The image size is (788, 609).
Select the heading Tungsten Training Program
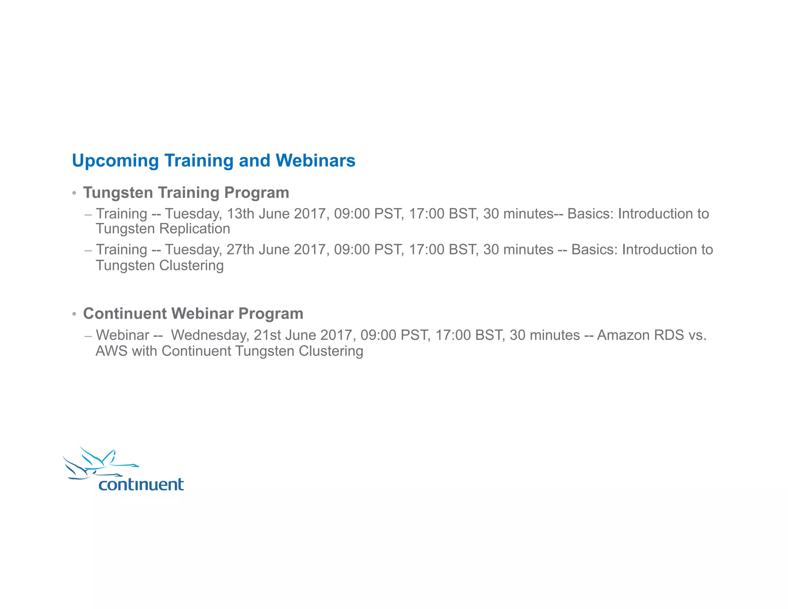[x=186, y=192]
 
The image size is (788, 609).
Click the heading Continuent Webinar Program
[x=193, y=313]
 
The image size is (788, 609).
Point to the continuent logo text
[x=141, y=484]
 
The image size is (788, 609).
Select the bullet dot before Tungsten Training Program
[x=74, y=192]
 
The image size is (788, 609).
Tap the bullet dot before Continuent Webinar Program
[x=74, y=314]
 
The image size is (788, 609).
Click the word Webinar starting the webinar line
[x=122, y=335]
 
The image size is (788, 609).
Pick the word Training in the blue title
[x=199, y=161]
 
